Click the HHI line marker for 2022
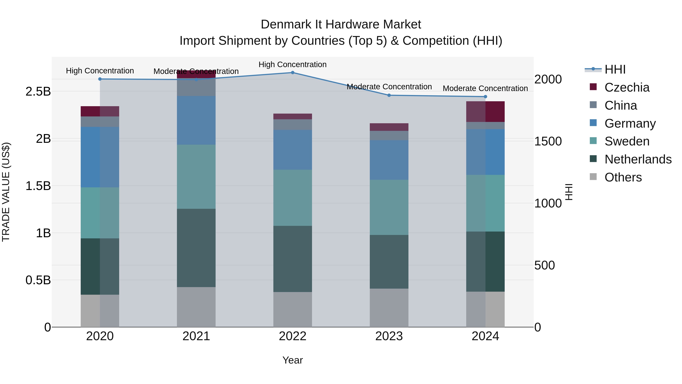coord(293,73)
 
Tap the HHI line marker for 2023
coord(389,95)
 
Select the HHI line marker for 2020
coord(100,79)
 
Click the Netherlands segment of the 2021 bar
coord(196,248)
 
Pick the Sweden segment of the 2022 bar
coord(293,198)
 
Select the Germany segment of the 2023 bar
coord(389,160)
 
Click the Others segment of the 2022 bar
coord(293,309)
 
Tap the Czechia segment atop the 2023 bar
coord(389,127)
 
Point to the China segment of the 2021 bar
coord(196,87)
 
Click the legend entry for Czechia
coord(627,87)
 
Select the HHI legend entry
coord(615,69)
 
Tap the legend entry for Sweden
coord(627,141)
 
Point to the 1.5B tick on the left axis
coord(38,186)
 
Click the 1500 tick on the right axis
coord(548,141)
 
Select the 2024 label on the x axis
coord(485,336)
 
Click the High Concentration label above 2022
coord(293,64)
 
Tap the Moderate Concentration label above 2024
coord(485,88)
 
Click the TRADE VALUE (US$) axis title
coord(6,192)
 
